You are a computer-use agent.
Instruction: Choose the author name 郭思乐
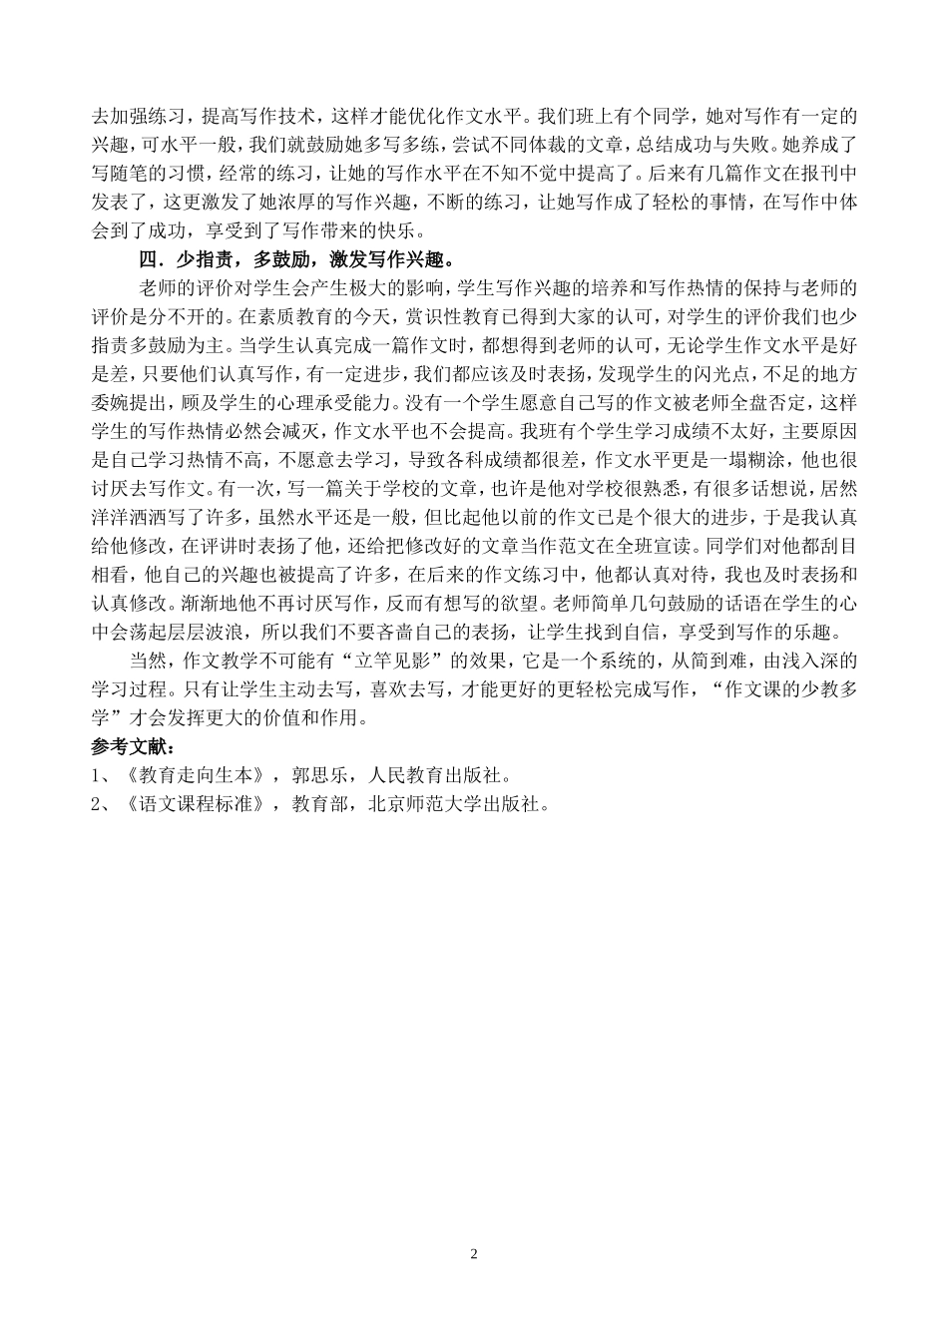pyautogui.click(x=316, y=775)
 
